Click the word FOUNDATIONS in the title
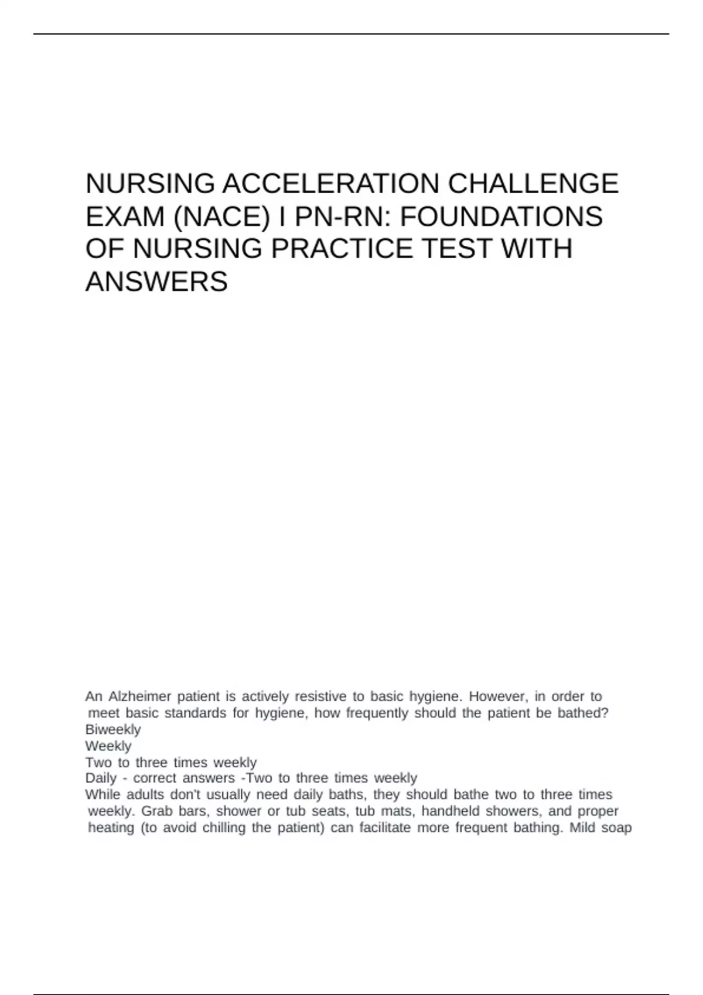pos(501,217)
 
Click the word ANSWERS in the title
pos(156,282)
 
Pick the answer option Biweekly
pos(113,729)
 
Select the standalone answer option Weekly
pos(108,746)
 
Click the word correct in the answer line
pos(155,778)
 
